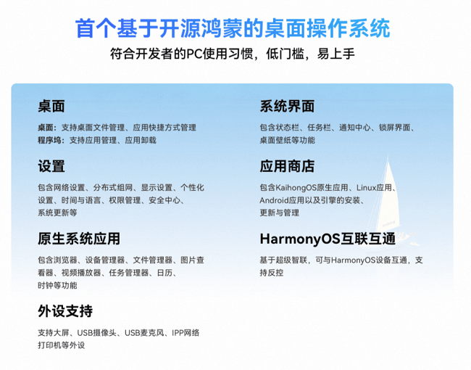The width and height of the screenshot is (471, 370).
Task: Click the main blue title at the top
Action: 233,29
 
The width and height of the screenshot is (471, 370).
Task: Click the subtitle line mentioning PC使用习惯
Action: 233,55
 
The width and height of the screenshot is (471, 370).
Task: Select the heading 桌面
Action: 51,107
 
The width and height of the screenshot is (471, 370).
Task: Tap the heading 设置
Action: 51,166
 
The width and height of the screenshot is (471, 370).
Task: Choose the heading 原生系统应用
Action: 78,239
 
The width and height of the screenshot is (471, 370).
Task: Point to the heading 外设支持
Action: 65,311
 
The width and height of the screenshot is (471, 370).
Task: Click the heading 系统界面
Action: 287,107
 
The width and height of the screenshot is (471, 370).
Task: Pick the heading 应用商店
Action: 287,166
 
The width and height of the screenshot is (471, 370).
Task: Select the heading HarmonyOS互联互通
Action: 328,239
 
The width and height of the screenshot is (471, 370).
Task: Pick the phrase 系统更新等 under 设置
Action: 57,213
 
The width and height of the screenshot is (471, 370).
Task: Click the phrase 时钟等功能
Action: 57,286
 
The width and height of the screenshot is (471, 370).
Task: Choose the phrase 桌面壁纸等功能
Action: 288,140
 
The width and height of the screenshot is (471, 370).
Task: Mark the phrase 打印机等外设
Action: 62,345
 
